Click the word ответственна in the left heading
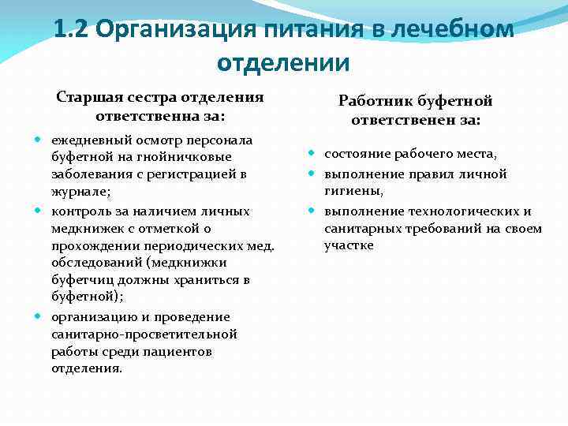coord(143,116)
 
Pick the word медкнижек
coord(81,228)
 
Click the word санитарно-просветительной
coord(144,334)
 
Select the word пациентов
coord(184,351)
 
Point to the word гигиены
coord(352,191)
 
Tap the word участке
coord(349,246)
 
